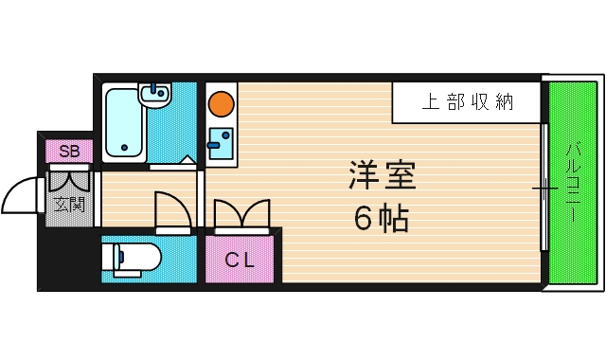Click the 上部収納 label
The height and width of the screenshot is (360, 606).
pos(467,102)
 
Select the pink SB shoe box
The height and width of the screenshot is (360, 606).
pos(69,151)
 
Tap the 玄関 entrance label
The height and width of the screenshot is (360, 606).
pos(69,204)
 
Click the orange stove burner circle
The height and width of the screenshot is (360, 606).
pos(222,101)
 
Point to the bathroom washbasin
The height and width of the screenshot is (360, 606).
pos(154,94)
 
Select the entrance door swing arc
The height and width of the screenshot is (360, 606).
pos(20,196)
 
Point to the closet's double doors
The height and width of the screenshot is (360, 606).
pos(241,214)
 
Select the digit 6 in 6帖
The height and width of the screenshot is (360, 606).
pos(364,219)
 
